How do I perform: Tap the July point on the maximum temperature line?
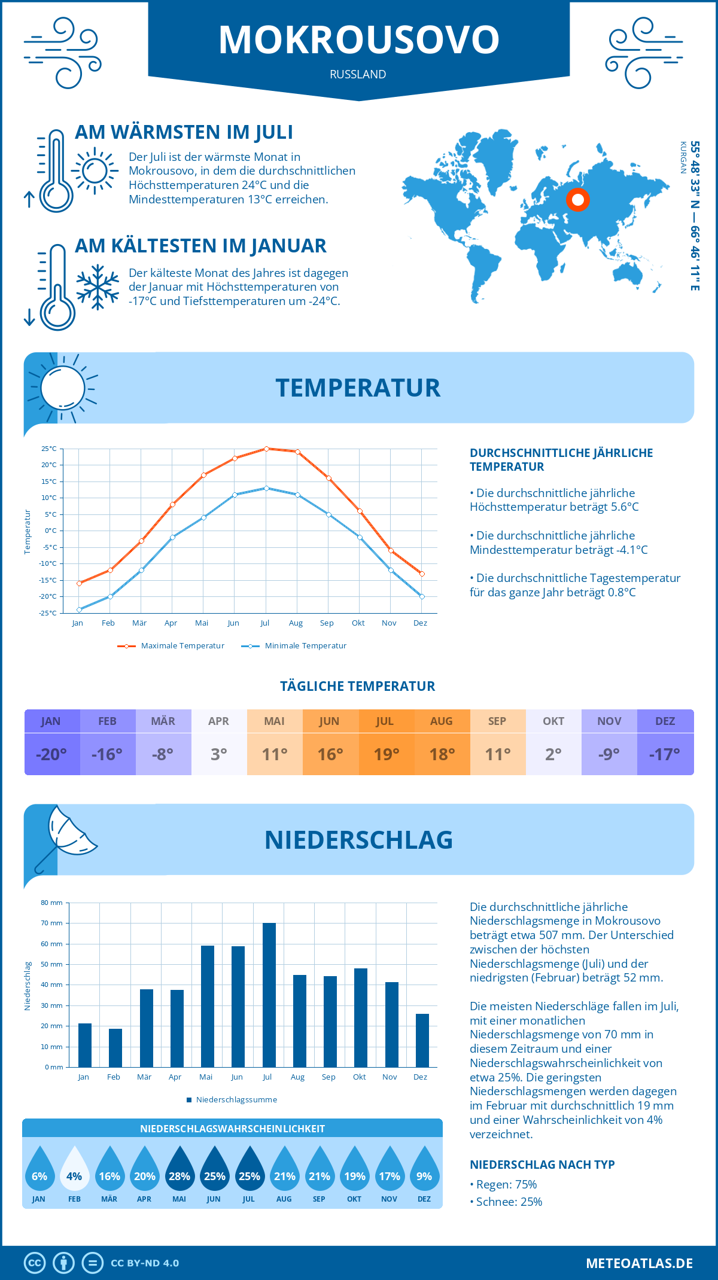click(x=266, y=449)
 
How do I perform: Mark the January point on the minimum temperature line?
click(x=79, y=609)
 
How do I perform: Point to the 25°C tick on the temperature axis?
click(x=49, y=449)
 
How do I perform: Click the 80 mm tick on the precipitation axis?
click(x=52, y=903)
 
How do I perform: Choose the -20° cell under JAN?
click(x=51, y=754)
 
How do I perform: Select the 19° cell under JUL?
click(x=386, y=754)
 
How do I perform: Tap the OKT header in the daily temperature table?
click(x=553, y=721)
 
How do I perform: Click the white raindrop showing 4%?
click(x=74, y=1169)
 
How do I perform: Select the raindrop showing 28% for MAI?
click(x=180, y=1169)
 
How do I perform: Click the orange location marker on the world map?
click(x=578, y=199)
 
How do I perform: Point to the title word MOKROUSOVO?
click(x=358, y=40)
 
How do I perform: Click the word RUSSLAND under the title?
click(x=358, y=74)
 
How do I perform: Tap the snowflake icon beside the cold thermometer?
click(x=98, y=287)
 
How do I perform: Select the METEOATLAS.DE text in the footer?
click(x=639, y=1263)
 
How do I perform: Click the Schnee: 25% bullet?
click(x=509, y=1202)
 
